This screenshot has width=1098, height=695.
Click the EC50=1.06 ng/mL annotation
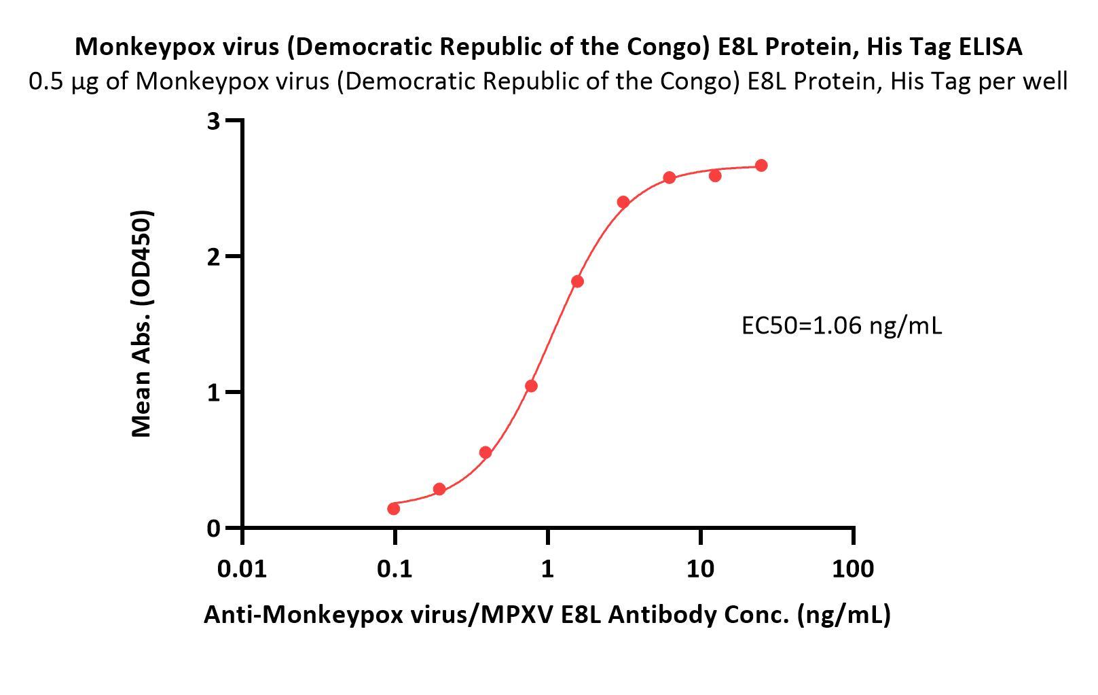[841, 326]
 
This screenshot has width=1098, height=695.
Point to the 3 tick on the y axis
[215, 122]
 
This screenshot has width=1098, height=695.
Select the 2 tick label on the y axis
[215, 257]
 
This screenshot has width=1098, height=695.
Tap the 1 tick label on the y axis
[215, 393]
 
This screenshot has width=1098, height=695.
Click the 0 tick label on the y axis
[215, 529]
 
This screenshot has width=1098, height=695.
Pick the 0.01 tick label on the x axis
[242, 569]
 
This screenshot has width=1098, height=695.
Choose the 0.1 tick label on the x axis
[395, 569]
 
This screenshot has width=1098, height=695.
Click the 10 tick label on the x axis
[700, 569]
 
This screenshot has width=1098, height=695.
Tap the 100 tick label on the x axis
[852, 569]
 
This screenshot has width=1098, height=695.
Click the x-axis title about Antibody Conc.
[547, 614]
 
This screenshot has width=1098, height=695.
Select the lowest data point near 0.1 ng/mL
[393, 509]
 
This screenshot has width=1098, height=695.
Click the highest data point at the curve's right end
[761, 166]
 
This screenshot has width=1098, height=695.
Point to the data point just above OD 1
[531, 386]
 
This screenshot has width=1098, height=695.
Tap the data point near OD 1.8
[577, 281]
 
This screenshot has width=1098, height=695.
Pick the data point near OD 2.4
[623, 202]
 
